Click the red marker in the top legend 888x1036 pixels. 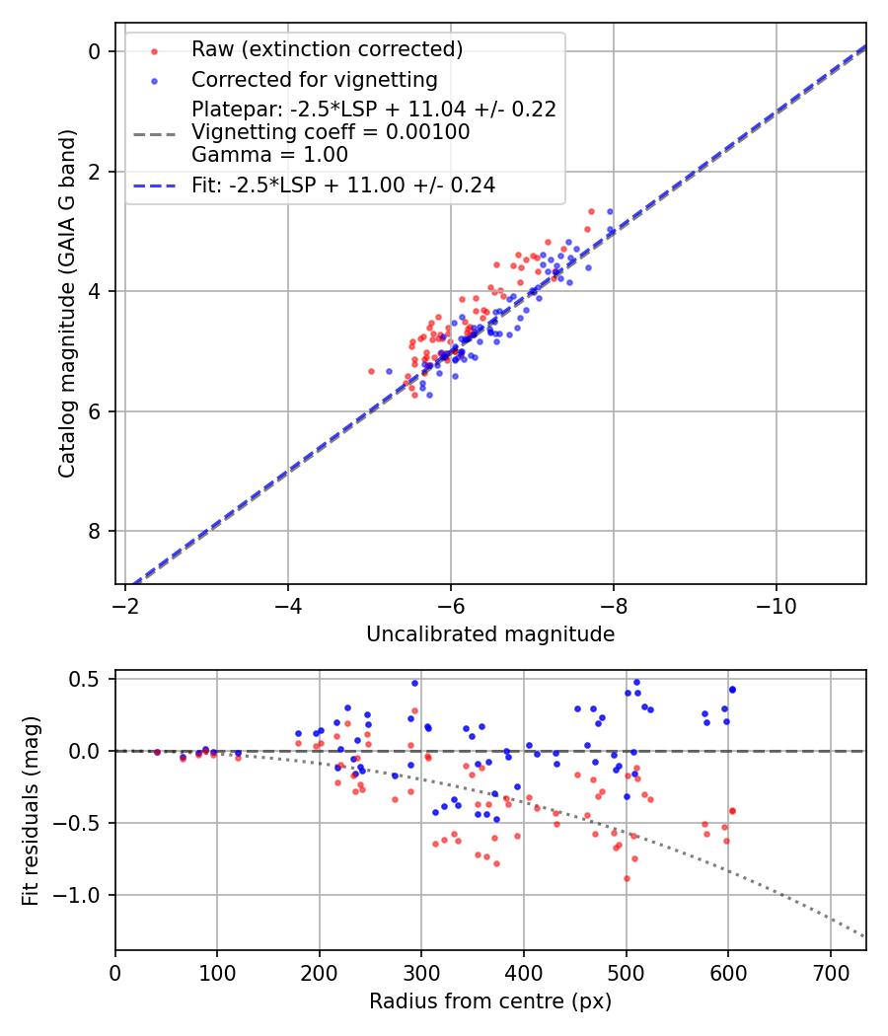[154, 50]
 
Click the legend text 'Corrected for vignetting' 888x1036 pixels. [315, 79]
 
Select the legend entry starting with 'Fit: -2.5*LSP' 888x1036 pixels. [343, 185]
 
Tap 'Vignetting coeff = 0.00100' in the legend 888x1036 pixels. [331, 132]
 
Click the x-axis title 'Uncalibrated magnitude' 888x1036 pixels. [490, 634]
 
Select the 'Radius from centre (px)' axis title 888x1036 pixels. [490, 1001]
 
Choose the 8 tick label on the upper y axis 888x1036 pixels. [96, 532]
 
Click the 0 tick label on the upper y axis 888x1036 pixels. [96, 51]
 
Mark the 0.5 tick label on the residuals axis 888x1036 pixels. [86, 679]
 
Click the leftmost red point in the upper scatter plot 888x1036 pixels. [371, 371]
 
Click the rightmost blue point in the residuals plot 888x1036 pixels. [732, 689]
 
